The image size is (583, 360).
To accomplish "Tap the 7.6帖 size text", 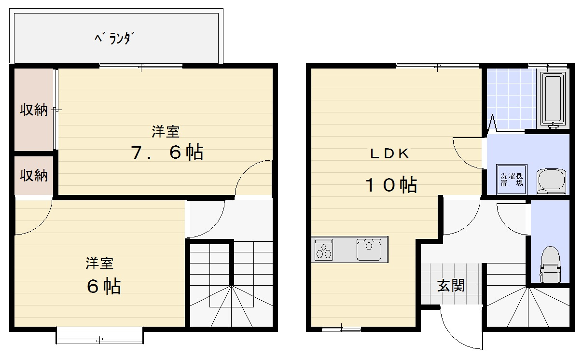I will click(167, 152).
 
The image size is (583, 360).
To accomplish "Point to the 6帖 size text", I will click(103, 287).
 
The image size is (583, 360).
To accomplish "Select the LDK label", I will click(389, 154).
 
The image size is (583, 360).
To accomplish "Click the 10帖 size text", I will click(391, 184).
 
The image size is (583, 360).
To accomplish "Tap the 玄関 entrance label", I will click(451, 286).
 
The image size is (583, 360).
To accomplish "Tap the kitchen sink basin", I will click(369, 250).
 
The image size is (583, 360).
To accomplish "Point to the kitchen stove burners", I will click(324, 250).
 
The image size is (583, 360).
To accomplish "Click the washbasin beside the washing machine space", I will click(551, 181).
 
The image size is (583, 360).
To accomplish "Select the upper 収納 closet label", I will click(33, 110).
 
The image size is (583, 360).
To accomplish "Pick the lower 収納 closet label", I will click(33, 175).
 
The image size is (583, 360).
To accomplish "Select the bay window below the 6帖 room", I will click(99, 335).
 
